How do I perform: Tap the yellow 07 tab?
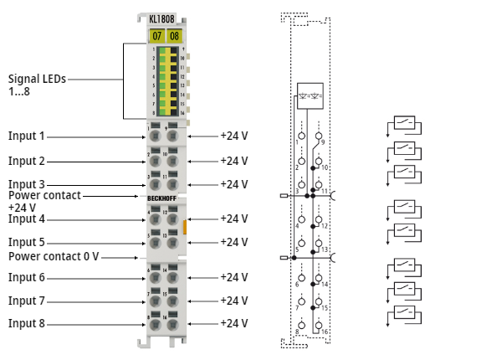pyautogui.click(x=156, y=36)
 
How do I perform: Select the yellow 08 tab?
pyautogui.click(x=174, y=36)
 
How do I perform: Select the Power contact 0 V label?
pyautogui.click(x=54, y=256)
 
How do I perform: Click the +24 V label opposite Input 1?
pyautogui.click(x=233, y=136)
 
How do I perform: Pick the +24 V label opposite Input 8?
pyautogui.click(x=233, y=323)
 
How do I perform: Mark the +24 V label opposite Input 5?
pyautogui.click(x=233, y=243)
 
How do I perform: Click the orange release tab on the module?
pyautogui.click(x=186, y=225)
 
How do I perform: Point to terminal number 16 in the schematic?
pyautogui.click(x=324, y=332)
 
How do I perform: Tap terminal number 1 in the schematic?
pyautogui.click(x=297, y=142)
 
